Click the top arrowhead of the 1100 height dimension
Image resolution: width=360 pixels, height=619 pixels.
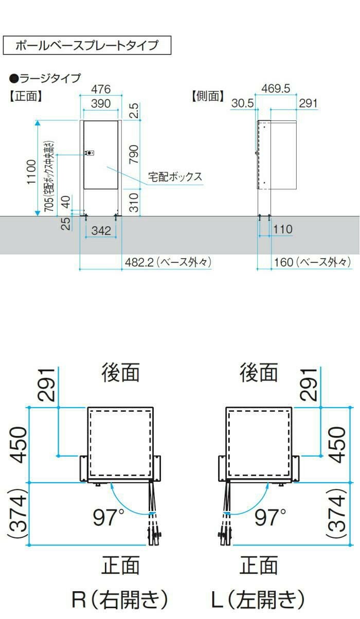[38, 122]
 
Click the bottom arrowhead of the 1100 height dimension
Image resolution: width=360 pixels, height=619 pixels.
[38, 213]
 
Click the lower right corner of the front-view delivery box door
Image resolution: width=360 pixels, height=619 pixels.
[118, 189]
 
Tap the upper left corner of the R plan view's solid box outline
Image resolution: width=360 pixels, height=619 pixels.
[88, 407]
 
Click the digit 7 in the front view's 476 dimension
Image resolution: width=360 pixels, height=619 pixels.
[101, 89]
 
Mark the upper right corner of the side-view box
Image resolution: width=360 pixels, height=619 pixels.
[296, 121]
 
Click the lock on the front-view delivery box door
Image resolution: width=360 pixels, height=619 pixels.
[90, 153]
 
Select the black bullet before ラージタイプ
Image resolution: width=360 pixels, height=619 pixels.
[13, 79]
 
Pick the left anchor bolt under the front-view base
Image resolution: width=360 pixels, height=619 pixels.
[86, 217]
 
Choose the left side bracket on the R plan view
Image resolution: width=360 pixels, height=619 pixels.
[83, 468]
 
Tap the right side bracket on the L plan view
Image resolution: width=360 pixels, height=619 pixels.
[295, 468]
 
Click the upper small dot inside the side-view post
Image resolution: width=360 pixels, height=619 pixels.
[265, 127]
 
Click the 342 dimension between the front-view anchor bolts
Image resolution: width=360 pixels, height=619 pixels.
[101, 231]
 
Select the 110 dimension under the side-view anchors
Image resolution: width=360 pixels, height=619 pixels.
[283, 229]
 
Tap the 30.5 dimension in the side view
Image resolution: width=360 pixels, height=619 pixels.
[243, 103]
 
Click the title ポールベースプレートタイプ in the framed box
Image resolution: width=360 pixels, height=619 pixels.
[87, 45]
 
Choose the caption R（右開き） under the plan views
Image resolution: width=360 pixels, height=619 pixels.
[120, 599]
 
